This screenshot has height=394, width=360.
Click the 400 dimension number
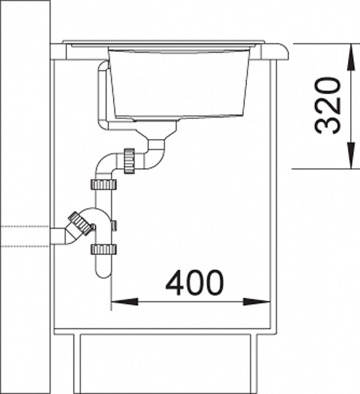click(x=194, y=282)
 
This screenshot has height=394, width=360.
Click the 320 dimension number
click(x=328, y=106)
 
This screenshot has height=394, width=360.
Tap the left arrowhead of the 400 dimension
click(x=124, y=301)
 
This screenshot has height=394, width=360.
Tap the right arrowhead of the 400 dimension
click(x=257, y=301)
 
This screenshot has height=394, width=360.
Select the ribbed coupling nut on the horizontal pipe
click(x=129, y=161)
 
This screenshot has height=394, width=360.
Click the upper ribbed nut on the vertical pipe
click(x=103, y=184)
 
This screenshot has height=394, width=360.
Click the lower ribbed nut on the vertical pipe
click(x=103, y=249)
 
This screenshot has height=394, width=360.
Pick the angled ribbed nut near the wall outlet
click(x=79, y=223)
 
